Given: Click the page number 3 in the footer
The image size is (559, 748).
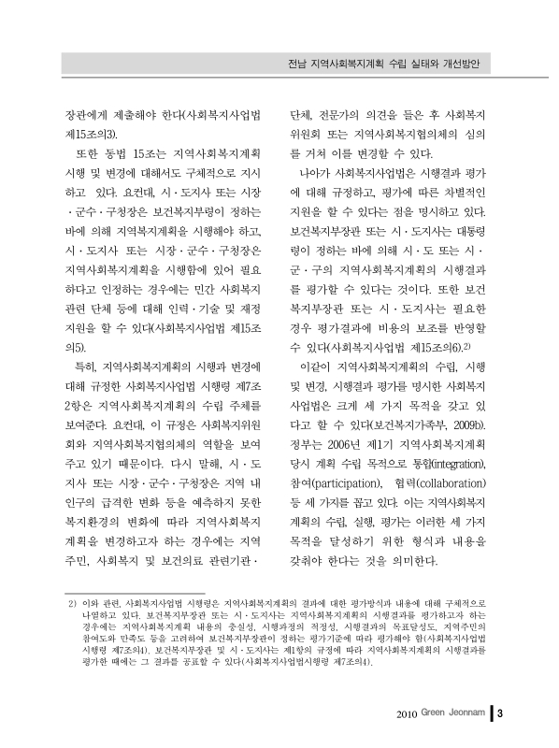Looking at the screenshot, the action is tap(501, 716).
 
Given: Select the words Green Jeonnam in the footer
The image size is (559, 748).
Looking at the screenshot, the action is tap(455, 716).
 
